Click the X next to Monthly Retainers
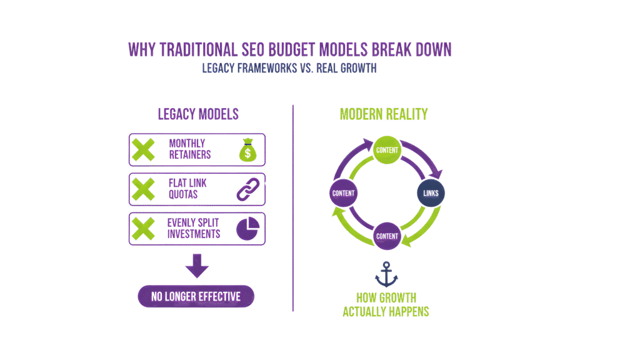pyautogui.click(x=144, y=150)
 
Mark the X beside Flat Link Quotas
pyautogui.click(x=144, y=189)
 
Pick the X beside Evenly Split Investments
pyautogui.click(x=144, y=229)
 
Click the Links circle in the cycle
pyautogui.click(x=431, y=194)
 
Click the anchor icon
pyautogui.click(x=386, y=274)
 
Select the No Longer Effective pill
pyautogui.click(x=196, y=297)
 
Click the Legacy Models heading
pyautogui.click(x=197, y=115)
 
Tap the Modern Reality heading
pyautogui.click(x=383, y=114)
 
